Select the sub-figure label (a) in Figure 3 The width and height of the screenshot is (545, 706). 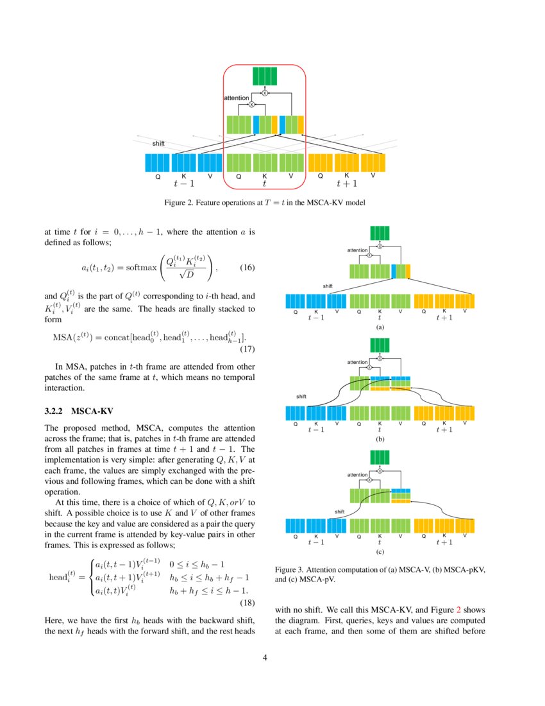tap(380, 327)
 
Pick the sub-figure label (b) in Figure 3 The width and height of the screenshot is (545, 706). tap(380, 440)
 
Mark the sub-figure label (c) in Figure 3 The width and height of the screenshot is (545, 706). tap(380, 551)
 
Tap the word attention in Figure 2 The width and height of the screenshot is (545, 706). tap(236, 98)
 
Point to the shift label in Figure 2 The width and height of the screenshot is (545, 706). tap(158, 143)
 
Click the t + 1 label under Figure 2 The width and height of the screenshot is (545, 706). tap(347, 184)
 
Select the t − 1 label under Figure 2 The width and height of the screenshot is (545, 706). tap(183, 184)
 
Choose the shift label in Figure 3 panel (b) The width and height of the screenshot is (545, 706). tap(301, 397)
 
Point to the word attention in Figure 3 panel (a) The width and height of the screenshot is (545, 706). tap(357, 250)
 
